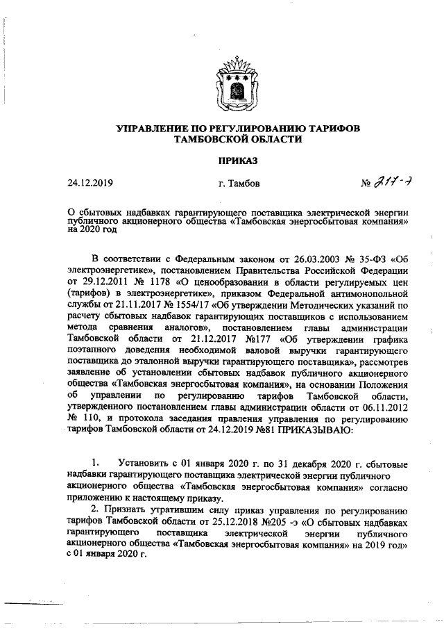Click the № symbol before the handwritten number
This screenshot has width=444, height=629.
click(x=367, y=185)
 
